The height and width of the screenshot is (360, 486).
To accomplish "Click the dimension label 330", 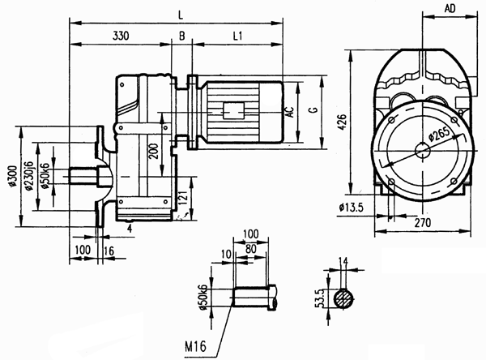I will [121, 36].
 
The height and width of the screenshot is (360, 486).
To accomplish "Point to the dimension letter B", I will [181, 36].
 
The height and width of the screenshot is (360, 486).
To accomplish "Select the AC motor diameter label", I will [289, 112].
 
